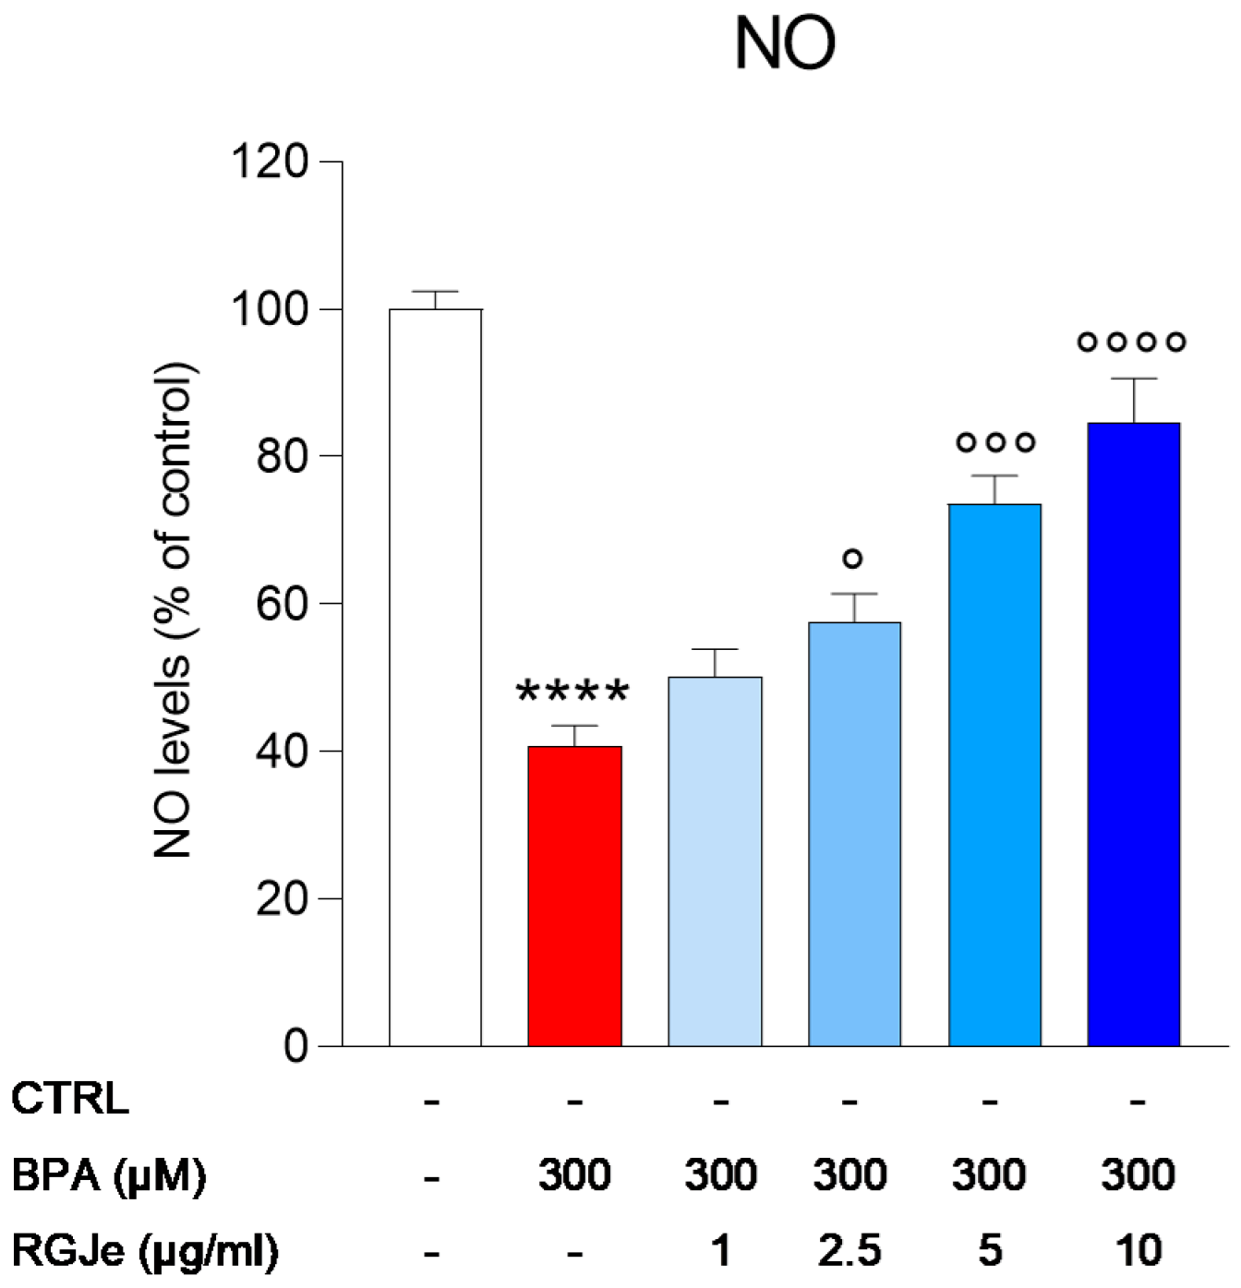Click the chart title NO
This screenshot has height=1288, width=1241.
pos(784,44)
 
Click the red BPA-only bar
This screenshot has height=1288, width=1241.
pos(574,896)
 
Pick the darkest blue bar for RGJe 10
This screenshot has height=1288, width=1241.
pos(1134,734)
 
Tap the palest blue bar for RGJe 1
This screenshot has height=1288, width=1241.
pos(715,861)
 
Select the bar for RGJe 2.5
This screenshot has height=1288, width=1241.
pos(854,834)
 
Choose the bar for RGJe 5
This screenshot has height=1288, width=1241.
pos(994,775)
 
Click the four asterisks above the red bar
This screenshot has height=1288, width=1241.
pos(572,692)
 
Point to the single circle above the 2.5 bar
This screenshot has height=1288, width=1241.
pos(853,559)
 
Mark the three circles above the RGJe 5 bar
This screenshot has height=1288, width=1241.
pos(995,443)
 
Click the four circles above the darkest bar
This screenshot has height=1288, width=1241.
pos(1131,343)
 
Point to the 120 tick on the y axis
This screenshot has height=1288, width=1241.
pos(269,162)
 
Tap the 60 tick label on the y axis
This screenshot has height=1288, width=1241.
pos(282,604)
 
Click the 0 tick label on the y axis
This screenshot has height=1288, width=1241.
pos(295,1046)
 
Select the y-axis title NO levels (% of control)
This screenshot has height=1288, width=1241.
pos(173,609)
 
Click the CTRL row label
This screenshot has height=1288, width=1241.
pos(70,1099)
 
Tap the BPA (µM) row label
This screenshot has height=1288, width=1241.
pos(108,1175)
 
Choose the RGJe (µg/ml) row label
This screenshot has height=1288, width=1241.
pos(144,1251)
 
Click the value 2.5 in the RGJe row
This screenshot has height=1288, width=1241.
pos(849,1251)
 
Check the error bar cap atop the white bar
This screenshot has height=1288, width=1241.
pos(435,292)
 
